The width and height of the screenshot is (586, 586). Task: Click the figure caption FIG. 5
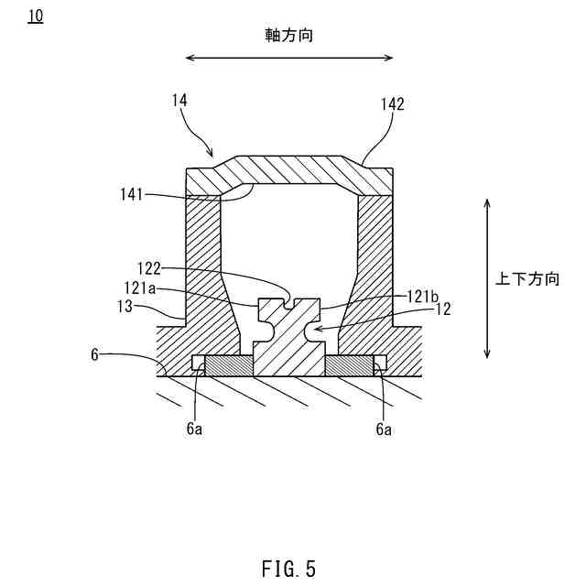pos(288,569)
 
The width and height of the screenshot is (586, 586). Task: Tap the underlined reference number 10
pos(35,17)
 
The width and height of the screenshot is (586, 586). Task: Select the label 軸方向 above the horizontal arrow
pos(288,35)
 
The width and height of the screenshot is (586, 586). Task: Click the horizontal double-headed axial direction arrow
pos(288,57)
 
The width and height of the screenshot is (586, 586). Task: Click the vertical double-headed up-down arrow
pos(488,279)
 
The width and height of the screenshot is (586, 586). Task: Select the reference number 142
pos(392,104)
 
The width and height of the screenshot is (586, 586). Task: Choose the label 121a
pos(142,288)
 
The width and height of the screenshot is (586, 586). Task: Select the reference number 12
pos(442,309)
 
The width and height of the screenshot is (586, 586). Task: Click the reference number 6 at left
pos(94,353)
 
